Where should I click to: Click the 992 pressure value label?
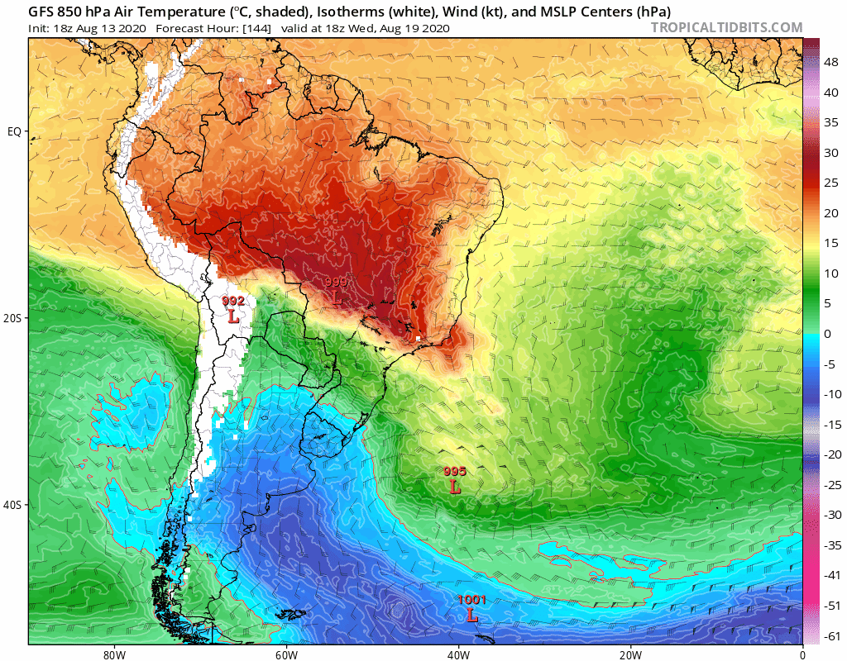pos(233,302)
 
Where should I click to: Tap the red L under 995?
pos(455,487)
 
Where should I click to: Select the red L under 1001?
pos(471,616)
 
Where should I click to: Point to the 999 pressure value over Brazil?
pos(336,282)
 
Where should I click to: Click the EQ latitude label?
pos(14,131)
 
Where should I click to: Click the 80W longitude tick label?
pos(113,653)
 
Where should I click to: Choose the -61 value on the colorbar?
pos(833,635)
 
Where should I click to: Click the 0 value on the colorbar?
pos(827,334)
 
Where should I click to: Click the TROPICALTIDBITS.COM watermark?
pos(726,28)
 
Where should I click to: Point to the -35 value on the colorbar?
pos(833,544)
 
